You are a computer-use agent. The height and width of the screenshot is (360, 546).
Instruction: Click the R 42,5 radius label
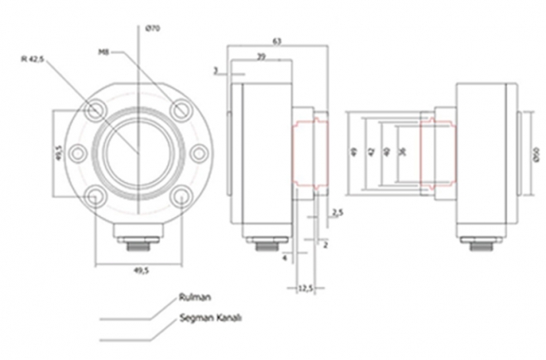point(34,59)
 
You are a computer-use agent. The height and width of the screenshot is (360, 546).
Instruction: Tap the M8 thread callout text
point(104,51)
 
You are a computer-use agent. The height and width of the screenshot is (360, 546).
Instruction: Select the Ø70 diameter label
point(151,30)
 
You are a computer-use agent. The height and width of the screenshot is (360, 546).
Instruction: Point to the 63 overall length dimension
point(276,41)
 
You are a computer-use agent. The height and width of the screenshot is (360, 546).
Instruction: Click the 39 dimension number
point(261,56)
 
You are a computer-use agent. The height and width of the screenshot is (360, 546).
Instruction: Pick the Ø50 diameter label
point(539,154)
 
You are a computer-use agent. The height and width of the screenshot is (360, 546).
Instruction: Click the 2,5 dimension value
point(337,214)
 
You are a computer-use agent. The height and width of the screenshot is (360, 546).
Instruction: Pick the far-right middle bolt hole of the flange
point(199,153)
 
